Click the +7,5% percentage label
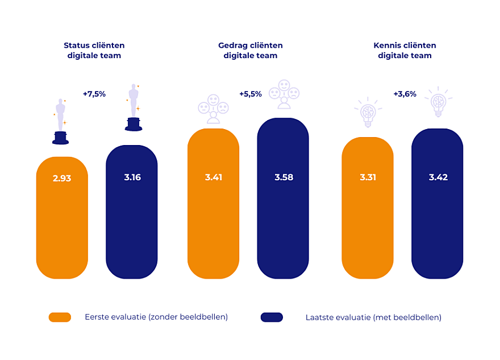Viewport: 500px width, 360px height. pyautogui.click(x=94, y=94)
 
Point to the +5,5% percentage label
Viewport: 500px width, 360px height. pyautogui.click(x=250, y=94)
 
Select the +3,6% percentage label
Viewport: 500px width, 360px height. pyautogui.click(x=405, y=94)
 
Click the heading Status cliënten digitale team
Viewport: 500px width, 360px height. pyautogui.click(x=94, y=51)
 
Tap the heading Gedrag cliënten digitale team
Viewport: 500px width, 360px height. pyautogui.click(x=251, y=51)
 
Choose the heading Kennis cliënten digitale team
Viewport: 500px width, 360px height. pyautogui.click(x=405, y=51)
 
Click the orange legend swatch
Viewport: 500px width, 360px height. pyautogui.click(x=60, y=317)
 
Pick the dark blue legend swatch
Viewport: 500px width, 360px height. pyautogui.click(x=272, y=317)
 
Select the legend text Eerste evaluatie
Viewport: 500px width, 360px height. pyautogui.click(x=156, y=317)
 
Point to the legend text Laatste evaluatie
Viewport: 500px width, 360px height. pyautogui.click(x=373, y=317)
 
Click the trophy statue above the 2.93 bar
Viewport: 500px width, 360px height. pyautogui.click(x=60, y=121)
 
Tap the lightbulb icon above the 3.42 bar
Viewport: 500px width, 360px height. pyautogui.click(x=438, y=102)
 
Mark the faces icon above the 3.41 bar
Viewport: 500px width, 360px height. pyautogui.click(x=213, y=109)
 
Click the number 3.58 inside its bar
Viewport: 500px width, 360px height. pyautogui.click(x=284, y=177)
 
